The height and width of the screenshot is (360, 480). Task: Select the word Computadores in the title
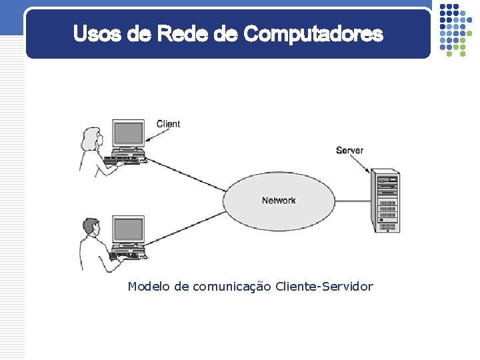pos(313,33)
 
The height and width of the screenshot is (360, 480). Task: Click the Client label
pos(168,124)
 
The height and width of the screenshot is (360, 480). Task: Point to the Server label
pos(349,151)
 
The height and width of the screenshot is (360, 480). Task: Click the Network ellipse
pos(279,201)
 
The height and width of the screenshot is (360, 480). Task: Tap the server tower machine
pos(386,201)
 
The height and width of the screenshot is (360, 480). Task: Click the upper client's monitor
pos(127,133)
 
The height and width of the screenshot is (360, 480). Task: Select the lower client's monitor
pos(127,229)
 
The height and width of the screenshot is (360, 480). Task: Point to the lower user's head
pos(90,227)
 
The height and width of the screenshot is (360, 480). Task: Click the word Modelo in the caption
pos(149,287)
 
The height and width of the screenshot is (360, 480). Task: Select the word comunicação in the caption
pos(231,287)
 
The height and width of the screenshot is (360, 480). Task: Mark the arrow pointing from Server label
pos(360,163)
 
